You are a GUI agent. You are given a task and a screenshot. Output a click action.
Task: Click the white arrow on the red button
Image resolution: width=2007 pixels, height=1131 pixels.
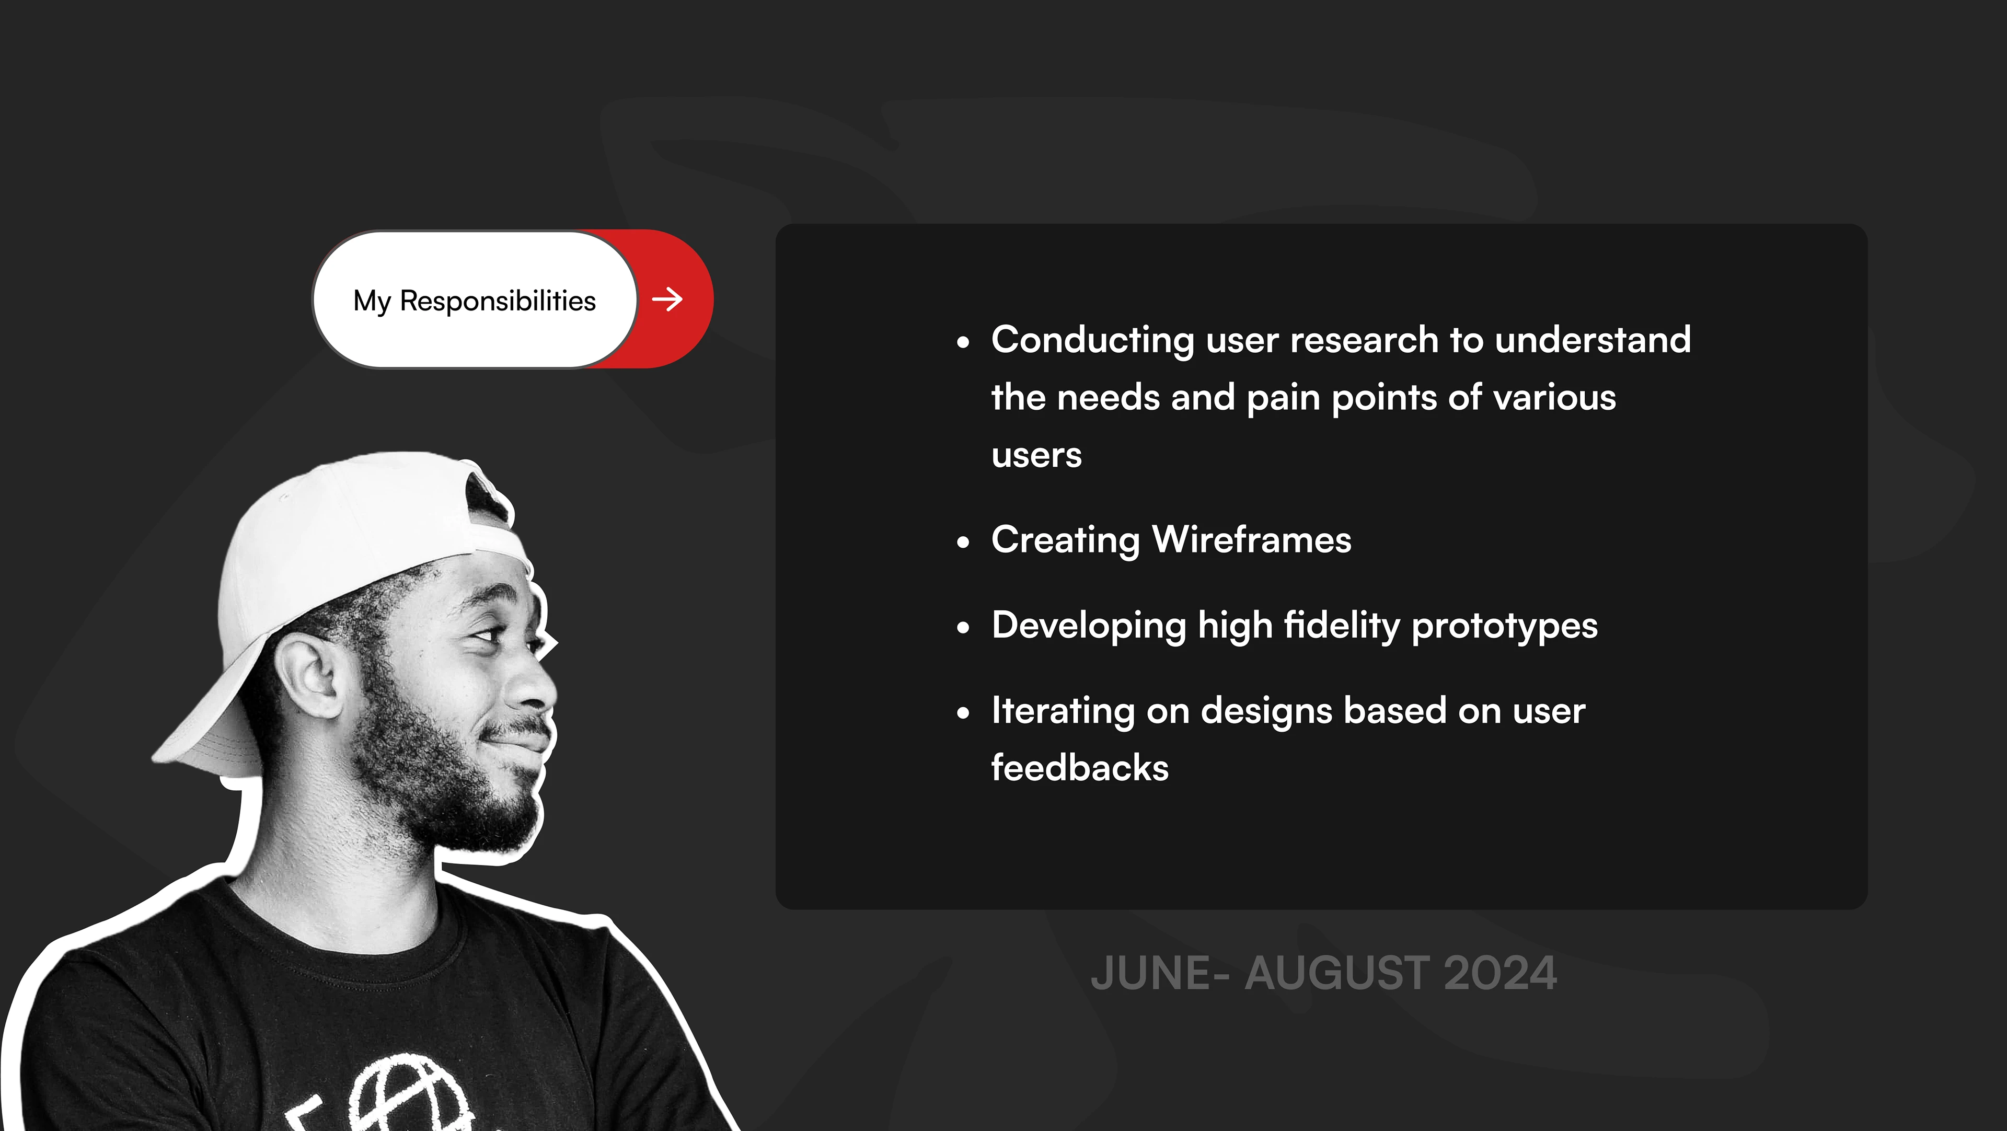(667, 299)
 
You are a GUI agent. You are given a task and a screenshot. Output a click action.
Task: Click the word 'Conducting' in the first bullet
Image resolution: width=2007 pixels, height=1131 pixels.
(1092, 340)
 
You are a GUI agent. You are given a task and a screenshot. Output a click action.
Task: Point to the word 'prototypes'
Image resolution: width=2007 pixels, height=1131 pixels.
(1505, 626)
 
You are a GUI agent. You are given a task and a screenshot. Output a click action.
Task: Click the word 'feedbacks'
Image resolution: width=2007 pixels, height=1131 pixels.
(1080, 767)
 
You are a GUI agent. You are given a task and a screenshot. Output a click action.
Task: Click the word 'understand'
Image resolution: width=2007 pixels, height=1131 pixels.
(1593, 340)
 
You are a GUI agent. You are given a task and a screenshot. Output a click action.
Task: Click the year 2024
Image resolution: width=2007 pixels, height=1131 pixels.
(1500, 974)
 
